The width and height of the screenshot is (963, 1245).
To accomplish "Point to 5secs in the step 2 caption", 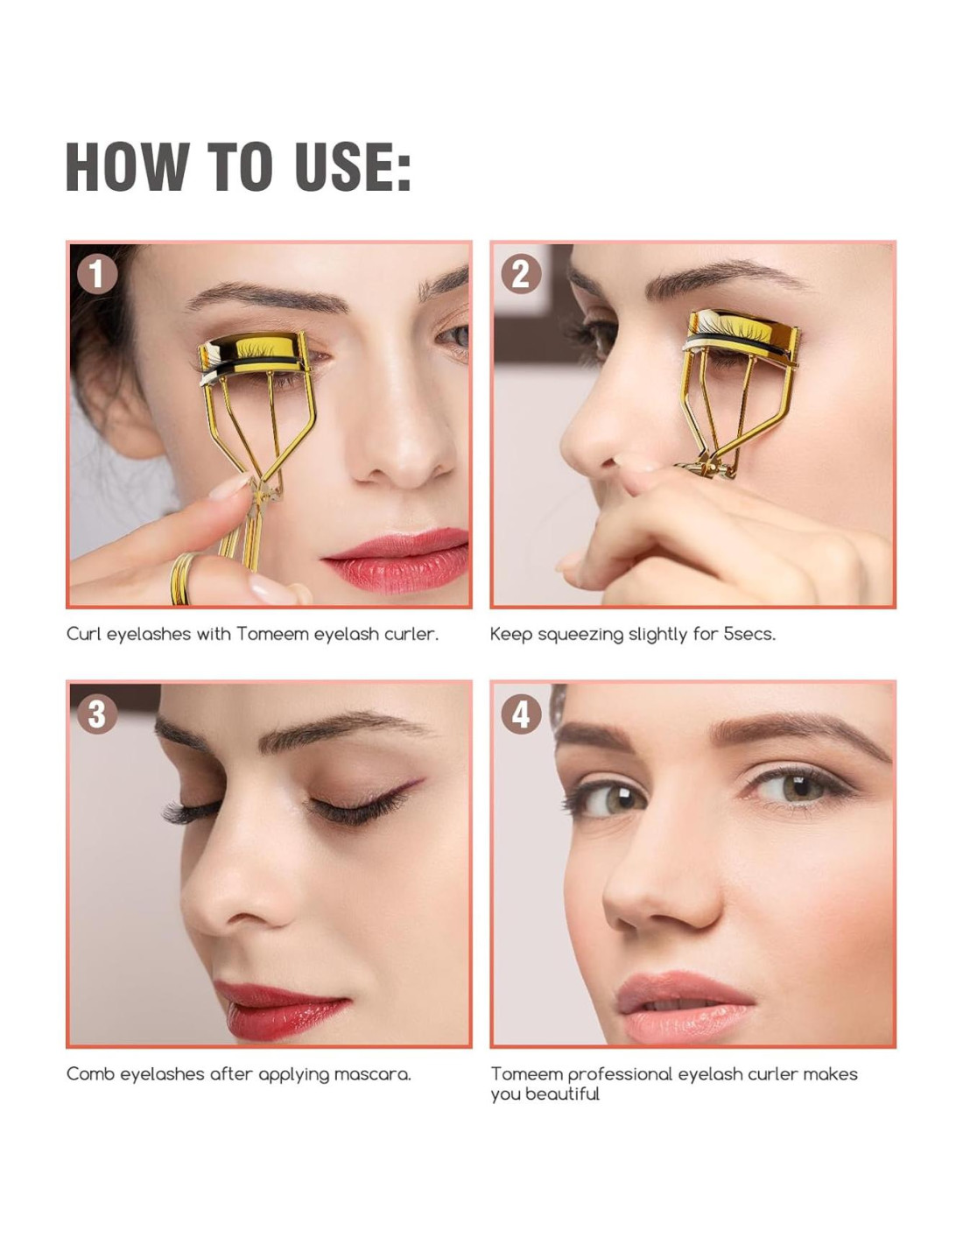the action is click(x=749, y=634).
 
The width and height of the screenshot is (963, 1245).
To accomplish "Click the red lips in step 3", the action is click(x=281, y=1009).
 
